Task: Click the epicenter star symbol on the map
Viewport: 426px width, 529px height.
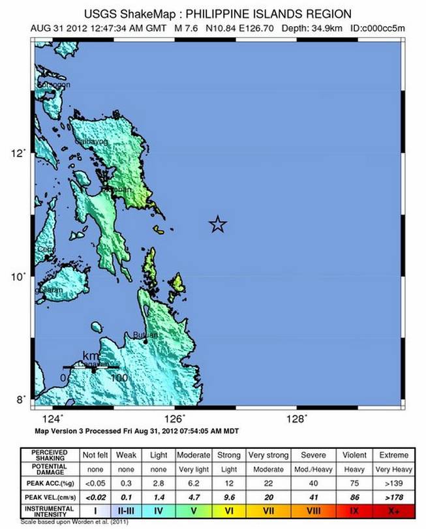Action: point(218,225)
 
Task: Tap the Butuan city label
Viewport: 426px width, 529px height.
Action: point(144,335)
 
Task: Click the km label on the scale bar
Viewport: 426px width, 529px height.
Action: point(91,355)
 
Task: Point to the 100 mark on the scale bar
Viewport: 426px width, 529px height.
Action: point(119,378)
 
